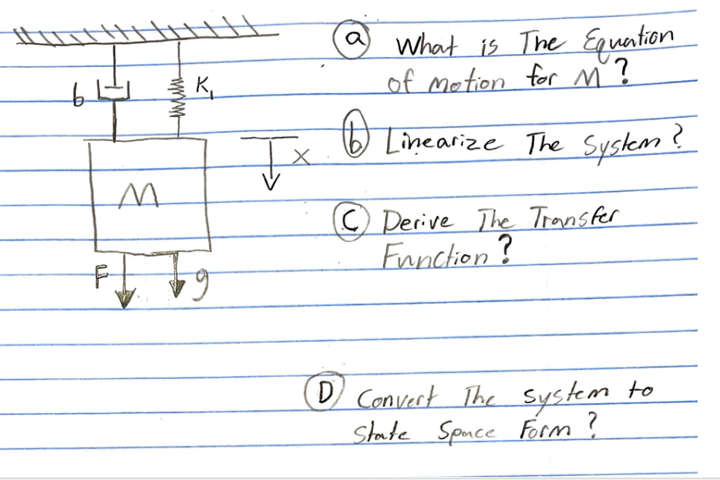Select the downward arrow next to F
123,285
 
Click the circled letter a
355,38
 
